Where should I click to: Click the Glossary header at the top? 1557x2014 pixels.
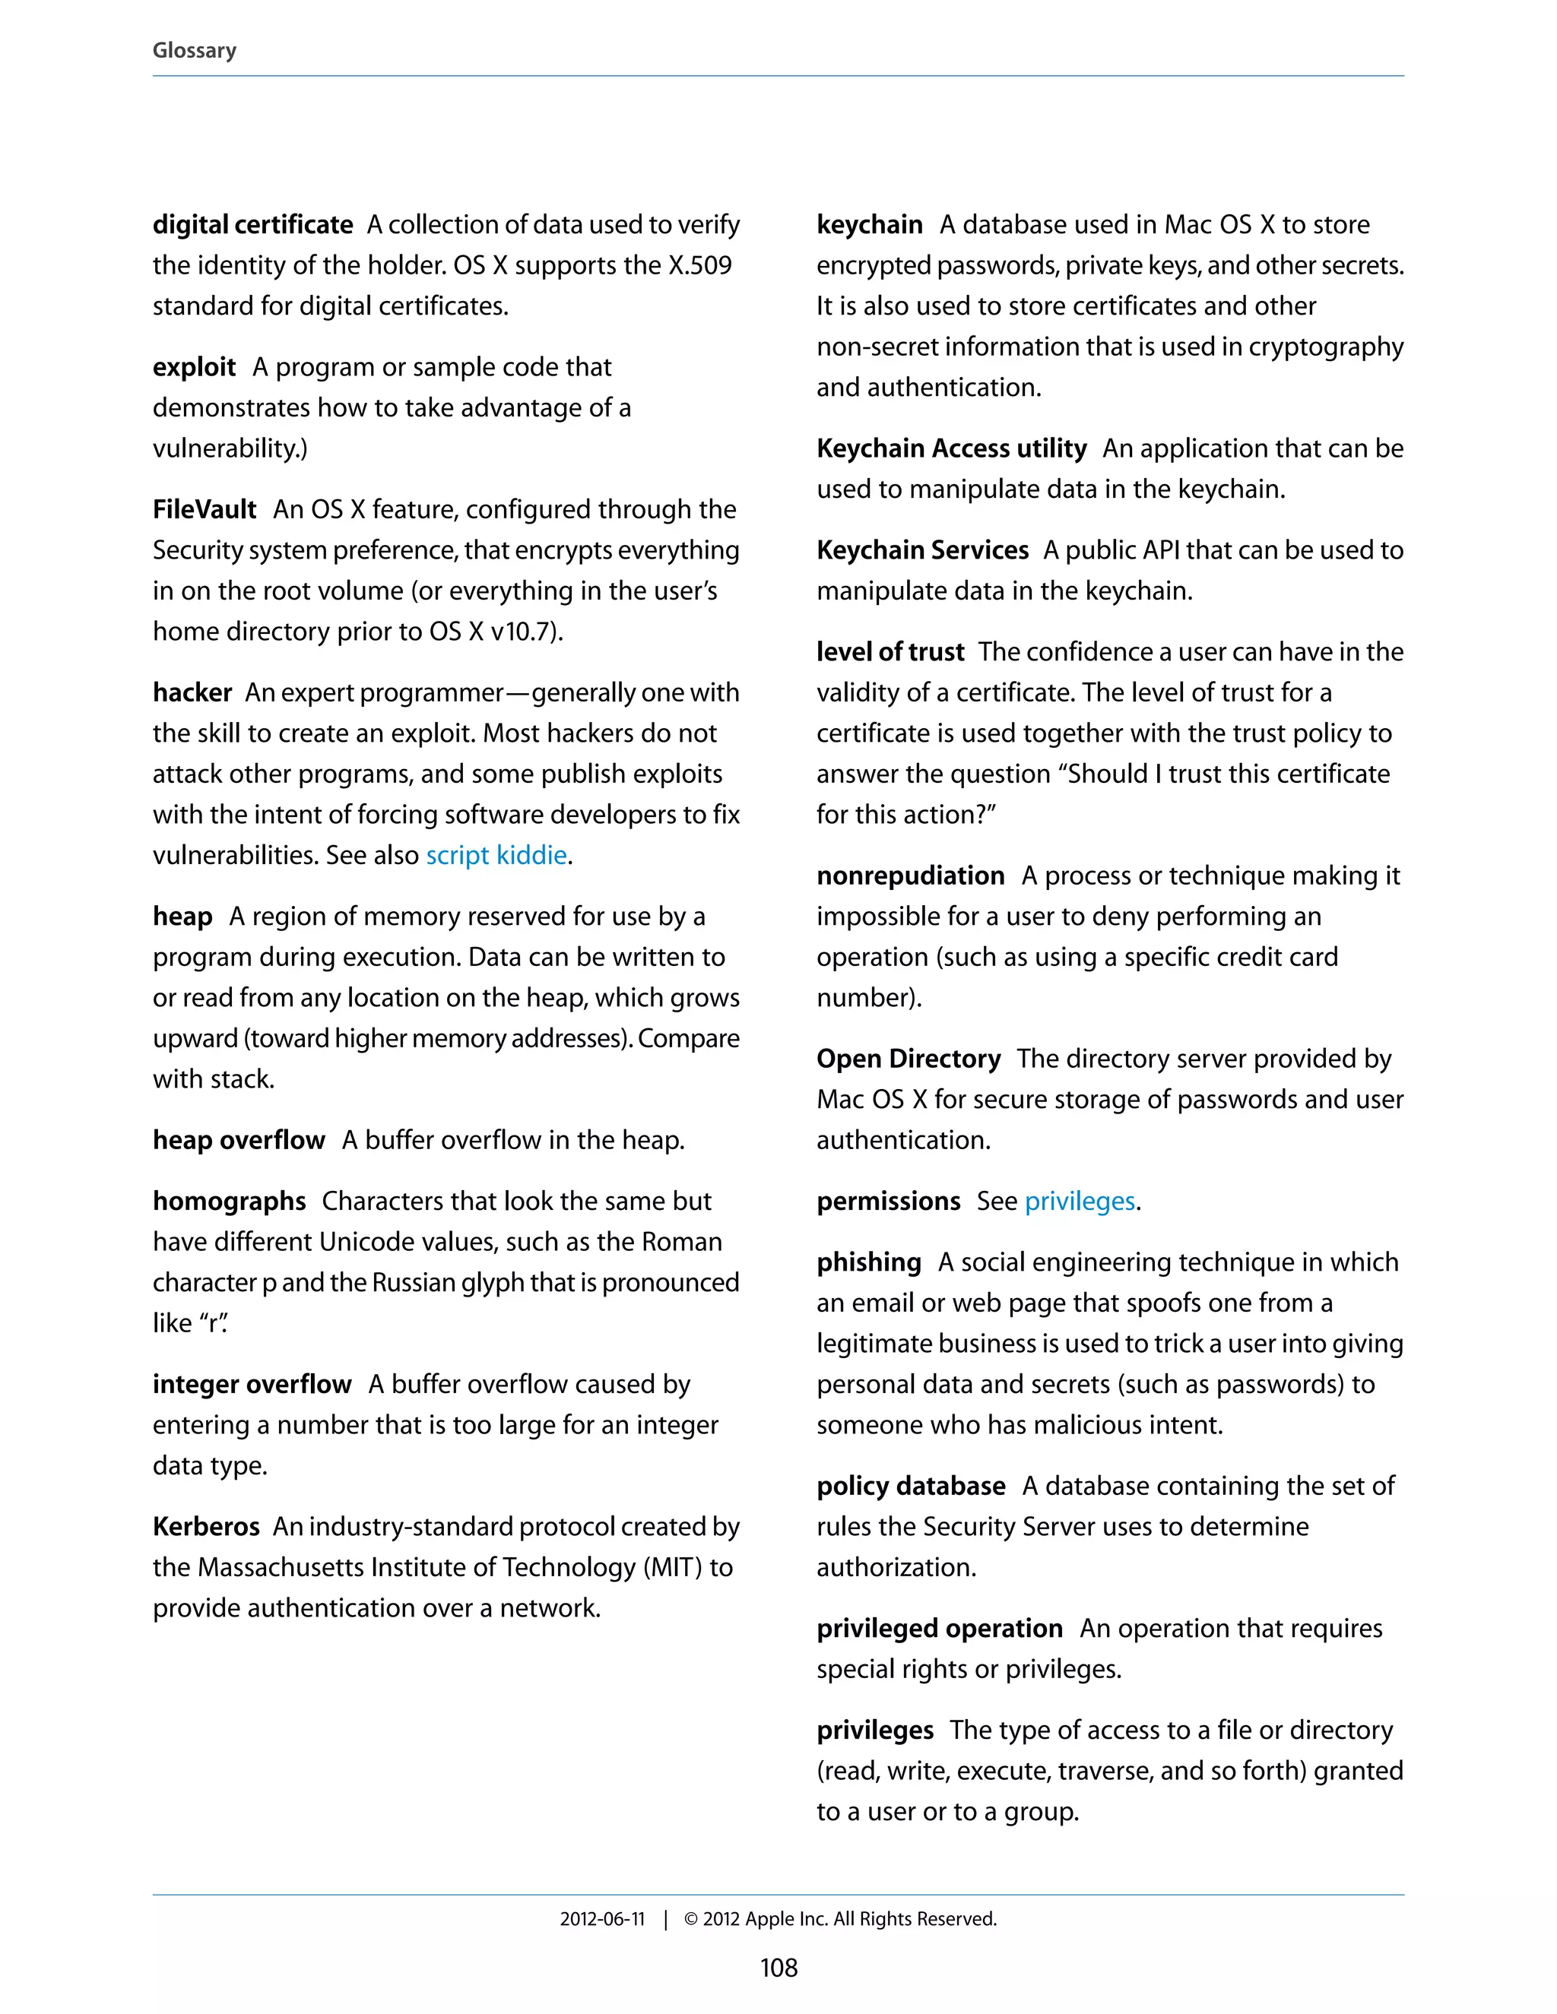(x=195, y=51)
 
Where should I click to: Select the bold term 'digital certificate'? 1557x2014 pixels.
(x=252, y=224)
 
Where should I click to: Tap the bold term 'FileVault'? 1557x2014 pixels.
(x=205, y=509)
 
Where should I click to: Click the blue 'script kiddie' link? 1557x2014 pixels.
(x=496, y=855)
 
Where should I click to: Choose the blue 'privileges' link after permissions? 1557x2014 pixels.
(x=1080, y=1201)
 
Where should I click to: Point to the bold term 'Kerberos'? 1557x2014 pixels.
(x=207, y=1526)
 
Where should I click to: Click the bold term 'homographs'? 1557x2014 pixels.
(x=230, y=1201)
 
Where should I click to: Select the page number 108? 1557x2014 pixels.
(x=778, y=1968)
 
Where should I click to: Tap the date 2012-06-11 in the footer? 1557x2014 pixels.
(x=602, y=1919)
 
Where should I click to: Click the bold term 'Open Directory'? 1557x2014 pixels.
(x=909, y=1059)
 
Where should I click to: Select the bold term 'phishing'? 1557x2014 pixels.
(x=869, y=1262)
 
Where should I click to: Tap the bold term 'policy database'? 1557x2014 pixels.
(x=910, y=1486)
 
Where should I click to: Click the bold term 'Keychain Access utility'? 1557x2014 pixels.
(x=951, y=448)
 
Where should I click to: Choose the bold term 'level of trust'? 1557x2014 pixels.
(x=890, y=652)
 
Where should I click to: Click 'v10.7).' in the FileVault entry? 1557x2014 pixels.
(x=527, y=632)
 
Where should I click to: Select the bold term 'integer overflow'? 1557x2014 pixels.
(x=252, y=1384)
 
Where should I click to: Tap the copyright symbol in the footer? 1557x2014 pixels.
(x=691, y=1919)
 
